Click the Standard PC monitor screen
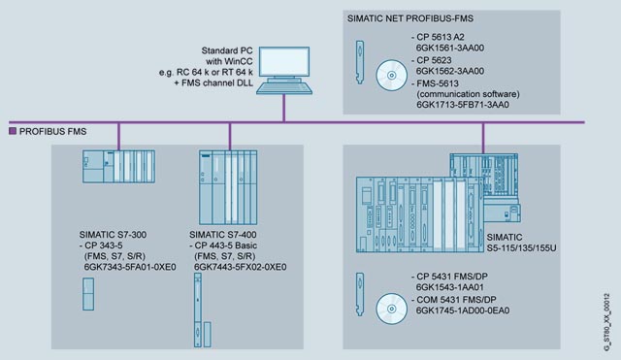(x=284, y=61)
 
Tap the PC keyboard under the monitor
(x=284, y=86)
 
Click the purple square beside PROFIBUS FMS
(x=13, y=131)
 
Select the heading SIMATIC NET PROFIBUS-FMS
(x=410, y=18)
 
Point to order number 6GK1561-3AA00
(x=450, y=48)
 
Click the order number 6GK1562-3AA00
(x=450, y=71)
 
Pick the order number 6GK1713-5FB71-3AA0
(x=463, y=105)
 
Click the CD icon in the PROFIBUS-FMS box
(x=392, y=76)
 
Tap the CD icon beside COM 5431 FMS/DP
(x=392, y=309)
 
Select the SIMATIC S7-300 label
(x=113, y=235)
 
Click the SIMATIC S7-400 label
(x=223, y=235)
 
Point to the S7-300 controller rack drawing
(x=118, y=166)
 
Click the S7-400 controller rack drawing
(x=228, y=187)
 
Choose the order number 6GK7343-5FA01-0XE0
(x=130, y=267)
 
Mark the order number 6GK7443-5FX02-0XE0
(x=240, y=267)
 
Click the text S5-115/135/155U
(x=522, y=248)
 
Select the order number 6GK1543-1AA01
(x=450, y=287)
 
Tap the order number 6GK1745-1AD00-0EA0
(x=463, y=311)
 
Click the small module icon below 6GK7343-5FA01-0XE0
(x=88, y=294)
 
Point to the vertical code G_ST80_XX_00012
(x=606, y=321)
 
